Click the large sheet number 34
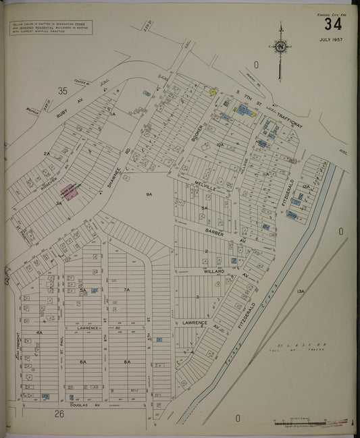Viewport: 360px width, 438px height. tap(332, 24)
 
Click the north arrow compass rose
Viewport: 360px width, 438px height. tap(280, 47)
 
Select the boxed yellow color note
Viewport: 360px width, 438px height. tap(51, 28)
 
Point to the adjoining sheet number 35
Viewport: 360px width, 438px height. tap(63, 90)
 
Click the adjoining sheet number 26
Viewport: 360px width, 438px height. tap(59, 414)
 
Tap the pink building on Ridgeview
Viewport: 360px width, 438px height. tap(71, 191)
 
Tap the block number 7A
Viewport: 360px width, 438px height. tap(126, 290)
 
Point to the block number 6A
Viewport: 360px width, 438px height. tap(83, 362)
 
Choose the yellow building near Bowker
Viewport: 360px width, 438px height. tap(212, 91)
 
